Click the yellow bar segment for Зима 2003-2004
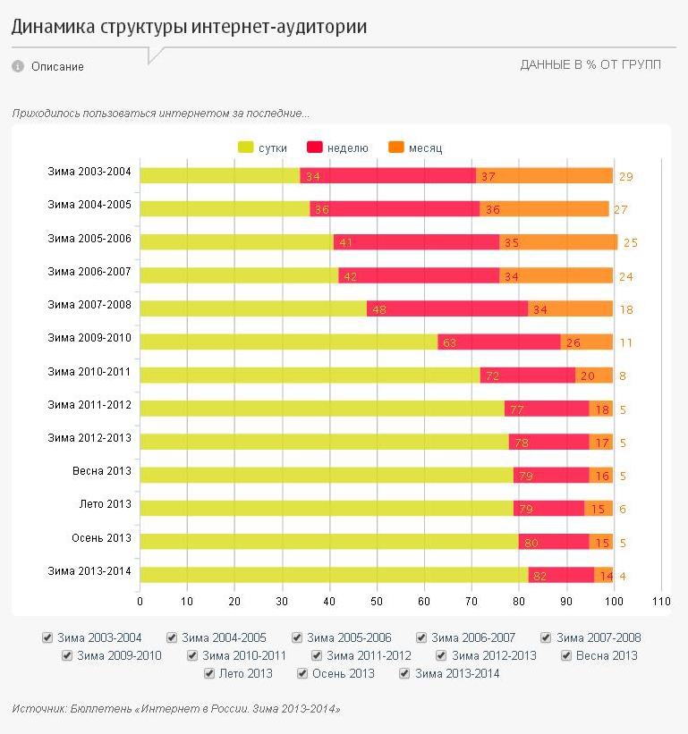219,175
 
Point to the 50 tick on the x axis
377,601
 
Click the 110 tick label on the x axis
661,601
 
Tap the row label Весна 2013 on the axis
102,471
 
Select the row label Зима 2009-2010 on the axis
89,338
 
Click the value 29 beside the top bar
626,177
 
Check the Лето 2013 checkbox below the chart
210,674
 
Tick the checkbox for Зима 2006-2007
422,638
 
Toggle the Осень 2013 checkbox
303,674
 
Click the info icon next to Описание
17,66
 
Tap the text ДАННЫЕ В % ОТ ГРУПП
590,65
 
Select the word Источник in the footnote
37,709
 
